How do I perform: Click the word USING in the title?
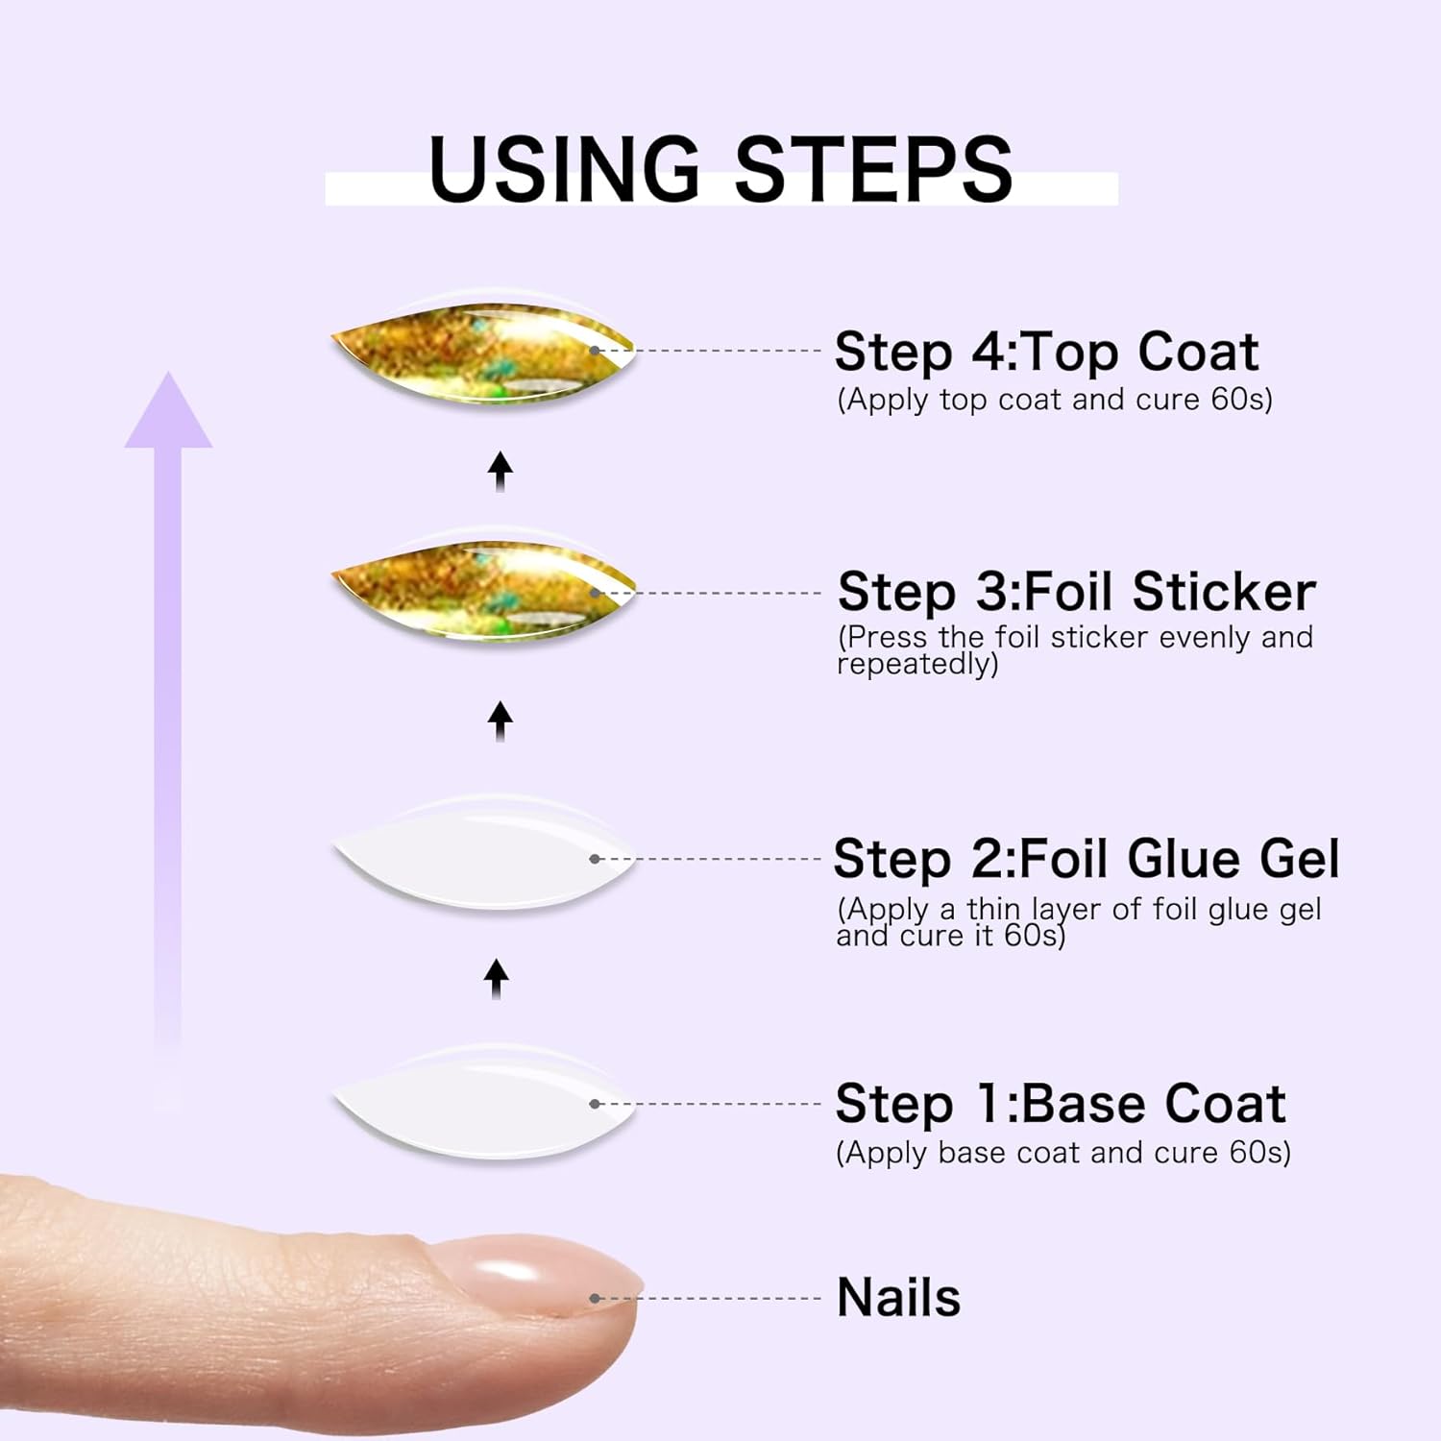tap(565, 169)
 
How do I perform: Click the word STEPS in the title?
tap(873, 169)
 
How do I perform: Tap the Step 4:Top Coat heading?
tap(1045, 352)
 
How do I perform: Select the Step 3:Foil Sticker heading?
tap(1076, 592)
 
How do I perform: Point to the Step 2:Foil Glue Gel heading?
tap(1086, 858)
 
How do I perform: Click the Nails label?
tap(898, 1297)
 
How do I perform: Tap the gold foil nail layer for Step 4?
tap(482, 352)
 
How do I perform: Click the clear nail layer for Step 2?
tap(482, 855)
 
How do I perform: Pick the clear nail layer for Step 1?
tap(482, 1103)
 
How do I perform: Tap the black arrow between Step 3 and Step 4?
tap(500, 472)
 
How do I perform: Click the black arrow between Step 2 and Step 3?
tap(500, 720)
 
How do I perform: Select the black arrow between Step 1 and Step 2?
tap(497, 978)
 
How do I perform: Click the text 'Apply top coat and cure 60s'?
tap(1055, 400)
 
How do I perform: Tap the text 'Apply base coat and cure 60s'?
tap(1063, 1153)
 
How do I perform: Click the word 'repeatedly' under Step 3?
tap(917, 665)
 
